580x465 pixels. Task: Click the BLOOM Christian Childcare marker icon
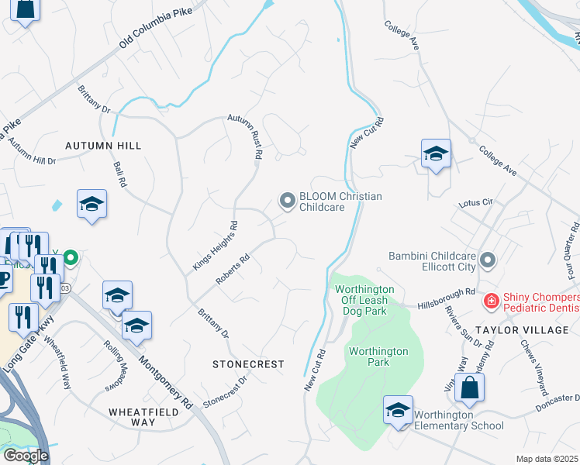tap(288, 201)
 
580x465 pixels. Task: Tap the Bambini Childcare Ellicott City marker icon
tap(488, 260)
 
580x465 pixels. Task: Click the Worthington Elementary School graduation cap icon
tap(398, 410)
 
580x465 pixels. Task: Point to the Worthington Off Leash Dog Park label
tap(364, 300)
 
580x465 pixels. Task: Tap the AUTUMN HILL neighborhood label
tap(103, 146)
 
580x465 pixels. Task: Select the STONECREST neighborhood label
tap(248, 363)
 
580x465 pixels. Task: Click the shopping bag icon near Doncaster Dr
tap(469, 387)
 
